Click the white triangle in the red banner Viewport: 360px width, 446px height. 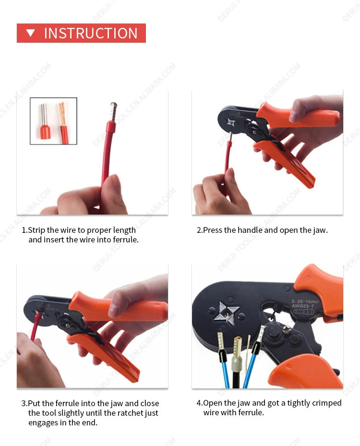pyautogui.click(x=30, y=33)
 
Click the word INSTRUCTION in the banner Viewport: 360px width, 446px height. pyautogui.click(x=91, y=33)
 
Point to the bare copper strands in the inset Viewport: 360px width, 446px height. pyautogui.click(x=62, y=113)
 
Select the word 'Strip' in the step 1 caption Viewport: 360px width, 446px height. pyautogui.click(x=36, y=230)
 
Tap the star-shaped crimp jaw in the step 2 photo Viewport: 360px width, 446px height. pyautogui.click(x=230, y=122)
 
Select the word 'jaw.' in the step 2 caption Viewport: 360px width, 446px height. pyautogui.click(x=321, y=230)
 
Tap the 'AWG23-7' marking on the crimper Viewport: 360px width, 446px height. pyautogui.click(x=302, y=306)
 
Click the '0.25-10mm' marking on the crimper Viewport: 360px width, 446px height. pyautogui.click(x=305, y=301)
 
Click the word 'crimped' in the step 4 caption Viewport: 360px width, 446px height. pyautogui.click(x=327, y=403)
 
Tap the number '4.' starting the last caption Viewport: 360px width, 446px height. pyautogui.click(x=200, y=403)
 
